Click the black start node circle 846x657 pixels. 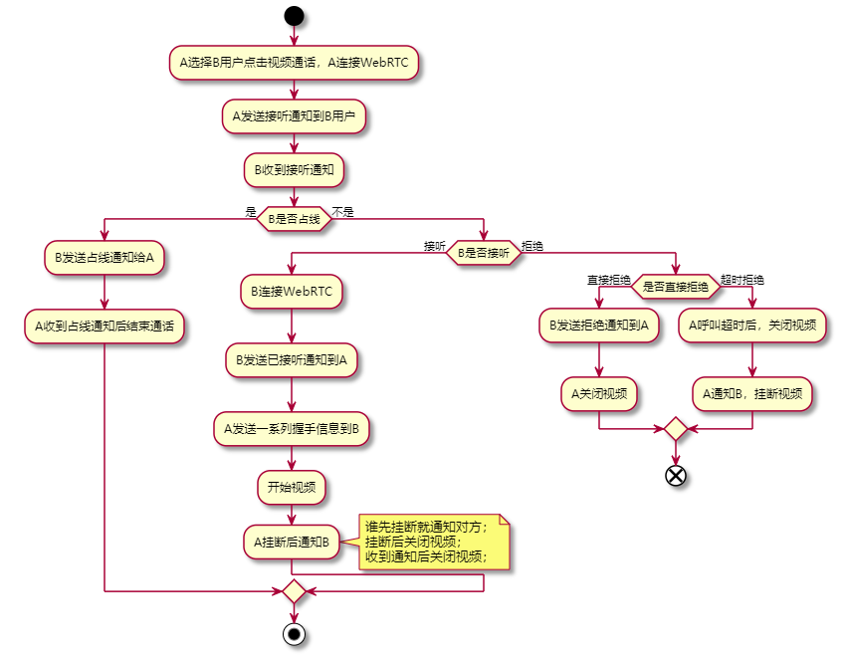point(294,15)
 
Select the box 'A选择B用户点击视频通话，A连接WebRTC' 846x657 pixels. point(294,62)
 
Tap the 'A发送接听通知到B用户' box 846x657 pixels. point(294,116)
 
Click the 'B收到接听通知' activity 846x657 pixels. point(294,170)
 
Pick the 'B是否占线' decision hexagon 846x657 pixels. point(294,219)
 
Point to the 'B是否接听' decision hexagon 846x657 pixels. point(484,253)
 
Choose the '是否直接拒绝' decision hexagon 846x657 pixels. point(676,288)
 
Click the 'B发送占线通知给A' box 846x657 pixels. point(104,257)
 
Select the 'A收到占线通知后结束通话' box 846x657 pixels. point(104,326)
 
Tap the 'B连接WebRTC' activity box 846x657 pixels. point(291,293)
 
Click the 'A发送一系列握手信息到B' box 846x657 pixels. point(291,428)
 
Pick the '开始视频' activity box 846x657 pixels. point(291,488)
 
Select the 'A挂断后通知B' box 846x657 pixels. point(291,543)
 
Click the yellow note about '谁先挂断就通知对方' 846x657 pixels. point(434,543)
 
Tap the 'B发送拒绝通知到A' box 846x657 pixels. point(599,325)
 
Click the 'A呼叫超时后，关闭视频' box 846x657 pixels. point(752,325)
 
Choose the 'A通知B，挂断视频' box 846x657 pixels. point(752,393)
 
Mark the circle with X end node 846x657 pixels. point(676,475)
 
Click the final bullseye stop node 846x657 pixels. point(294,634)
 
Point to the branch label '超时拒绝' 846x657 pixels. point(742,280)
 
